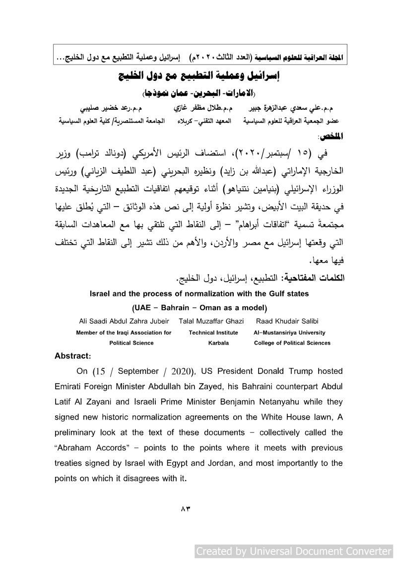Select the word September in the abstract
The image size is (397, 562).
pos(135,371)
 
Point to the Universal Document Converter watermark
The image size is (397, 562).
pos(293,552)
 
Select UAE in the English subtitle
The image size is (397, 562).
pos(143,307)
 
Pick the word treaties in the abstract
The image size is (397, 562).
pos(70,463)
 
